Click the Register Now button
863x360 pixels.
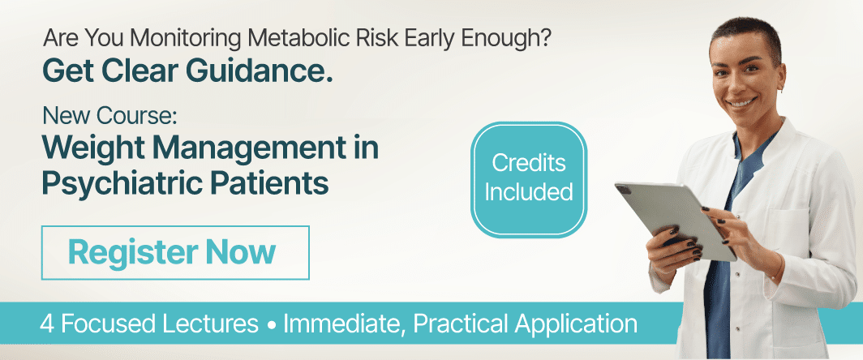[x=174, y=252]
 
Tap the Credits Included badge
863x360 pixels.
[x=528, y=179]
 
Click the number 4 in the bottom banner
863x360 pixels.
[x=48, y=324]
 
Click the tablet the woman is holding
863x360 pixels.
[x=673, y=219]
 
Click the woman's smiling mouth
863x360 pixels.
[x=743, y=103]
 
